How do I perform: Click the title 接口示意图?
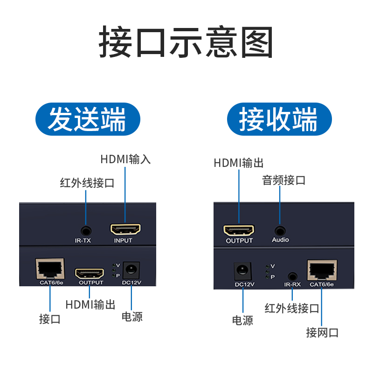pyautogui.click(x=186, y=43)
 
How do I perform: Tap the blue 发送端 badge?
pyautogui.click(x=88, y=120)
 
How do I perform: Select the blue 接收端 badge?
pyautogui.click(x=279, y=120)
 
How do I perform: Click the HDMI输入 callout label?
pyautogui.click(x=125, y=159)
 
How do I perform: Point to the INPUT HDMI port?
pyautogui.click(x=125, y=229)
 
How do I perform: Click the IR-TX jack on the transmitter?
pyautogui.click(x=86, y=230)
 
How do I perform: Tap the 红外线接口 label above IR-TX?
pyautogui.click(x=87, y=183)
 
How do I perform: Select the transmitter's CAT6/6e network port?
pyautogui.click(x=50, y=268)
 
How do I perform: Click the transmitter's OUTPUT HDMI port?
pyautogui.click(x=90, y=272)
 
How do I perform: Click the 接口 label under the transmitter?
pyautogui.click(x=50, y=319)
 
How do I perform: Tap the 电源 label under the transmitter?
pyautogui.click(x=132, y=317)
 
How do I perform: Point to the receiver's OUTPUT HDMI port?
pyautogui.click(x=239, y=230)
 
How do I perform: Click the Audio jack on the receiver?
pyautogui.click(x=280, y=230)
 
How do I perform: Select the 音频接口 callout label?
pyautogui.click(x=283, y=180)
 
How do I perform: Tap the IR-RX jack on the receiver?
pyautogui.click(x=292, y=276)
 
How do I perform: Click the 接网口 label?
pyautogui.click(x=322, y=332)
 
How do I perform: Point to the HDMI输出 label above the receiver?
pyautogui.click(x=239, y=163)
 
